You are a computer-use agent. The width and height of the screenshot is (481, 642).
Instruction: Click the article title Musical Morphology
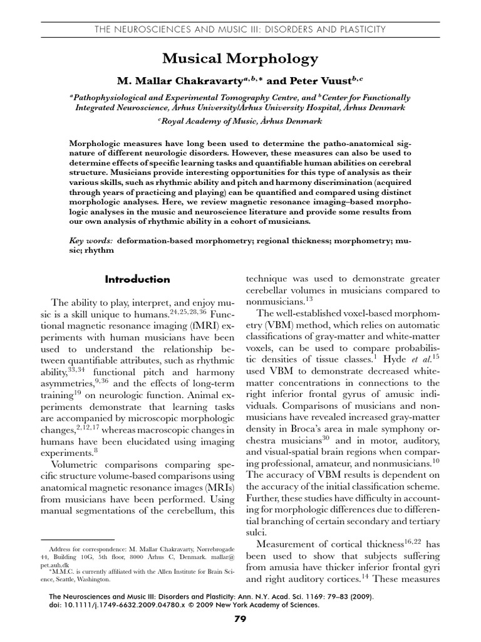point(240,60)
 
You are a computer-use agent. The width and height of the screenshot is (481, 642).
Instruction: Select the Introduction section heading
point(137,279)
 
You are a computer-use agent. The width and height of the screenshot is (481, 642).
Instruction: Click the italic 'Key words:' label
point(91,240)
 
